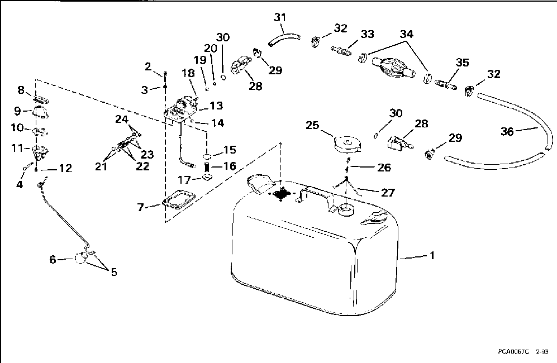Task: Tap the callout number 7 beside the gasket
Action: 141,208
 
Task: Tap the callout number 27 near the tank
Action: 388,193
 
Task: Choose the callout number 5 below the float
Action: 114,272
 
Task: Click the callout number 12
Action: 65,168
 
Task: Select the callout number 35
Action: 461,63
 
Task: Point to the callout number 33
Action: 367,35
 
